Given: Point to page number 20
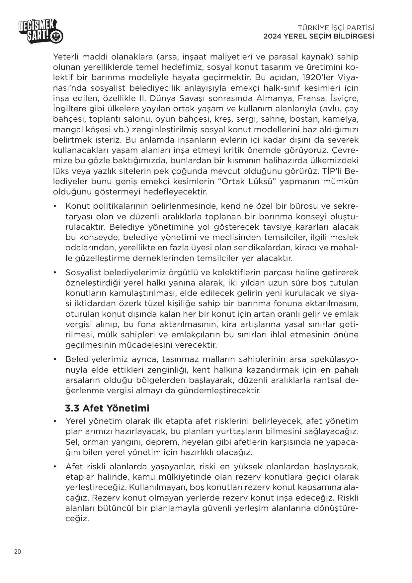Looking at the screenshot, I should click(18, 552).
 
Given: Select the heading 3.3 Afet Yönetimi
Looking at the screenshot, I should click(107, 408).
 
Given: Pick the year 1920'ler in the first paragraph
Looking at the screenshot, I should click(319, 77).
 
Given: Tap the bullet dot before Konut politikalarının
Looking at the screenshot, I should click(55, 206).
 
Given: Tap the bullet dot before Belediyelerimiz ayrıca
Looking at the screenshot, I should click(55, 360).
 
